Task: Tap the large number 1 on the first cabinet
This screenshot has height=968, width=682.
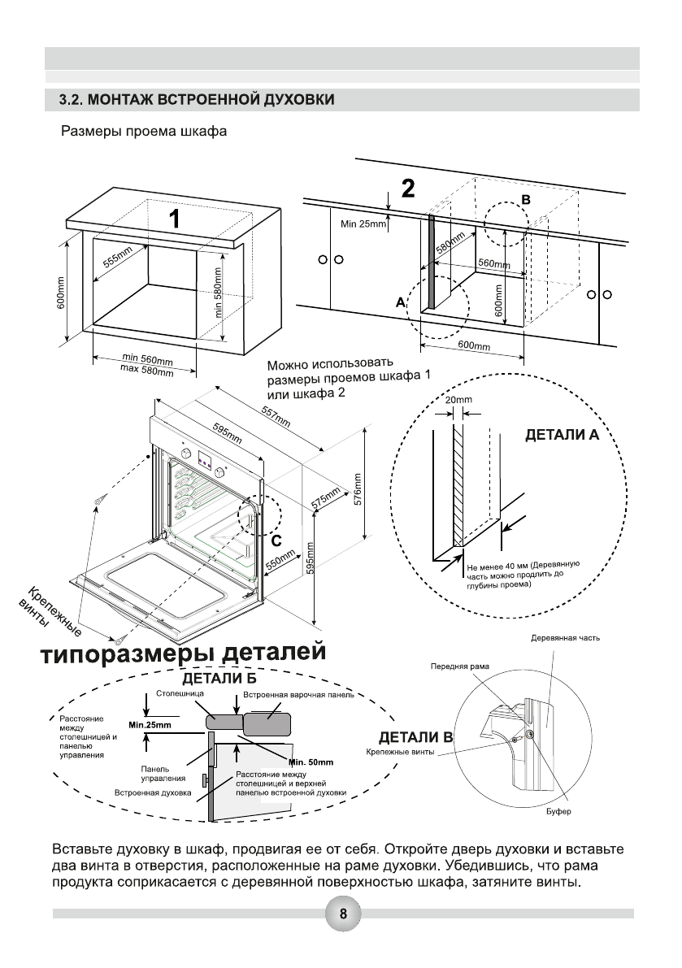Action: click(x=175, y=219)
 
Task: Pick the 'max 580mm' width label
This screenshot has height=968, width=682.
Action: click(x=147, y=371)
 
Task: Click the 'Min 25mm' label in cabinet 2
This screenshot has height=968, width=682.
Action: click(x=363, y=224)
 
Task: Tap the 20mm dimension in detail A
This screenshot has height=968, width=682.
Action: click(x=458, y=401)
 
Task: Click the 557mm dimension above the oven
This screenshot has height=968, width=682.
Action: click(x=276, y=415)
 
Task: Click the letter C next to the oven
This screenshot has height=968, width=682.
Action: click(x=276, y=539)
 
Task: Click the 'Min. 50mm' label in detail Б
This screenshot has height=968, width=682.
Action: click(x=310, y=762)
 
